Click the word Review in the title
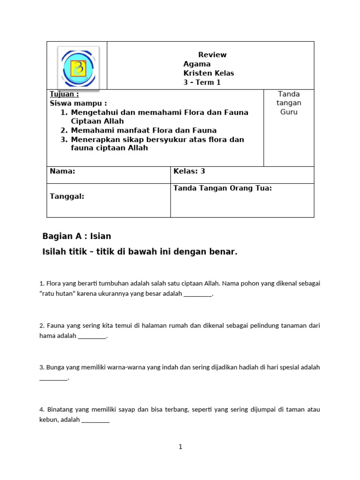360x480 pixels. click(x=212, y=55)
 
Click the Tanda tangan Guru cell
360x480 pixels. click(x=289, y=103)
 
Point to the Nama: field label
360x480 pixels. click(x=62, y=172)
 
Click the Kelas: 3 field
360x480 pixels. click(x=189, y=172)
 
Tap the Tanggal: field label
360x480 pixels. click(x=67, y=196)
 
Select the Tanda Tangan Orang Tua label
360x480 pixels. click(x=223, y=188)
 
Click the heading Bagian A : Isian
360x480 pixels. click(x=77, y=236)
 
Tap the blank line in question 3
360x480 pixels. click(x=53, y=378)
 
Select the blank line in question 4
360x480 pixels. click(x=95, y=420)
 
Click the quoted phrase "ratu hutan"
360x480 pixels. click(x=57, y=294)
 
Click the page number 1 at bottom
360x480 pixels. click(x=180, y=447)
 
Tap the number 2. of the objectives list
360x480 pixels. click(x=65, y=131)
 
